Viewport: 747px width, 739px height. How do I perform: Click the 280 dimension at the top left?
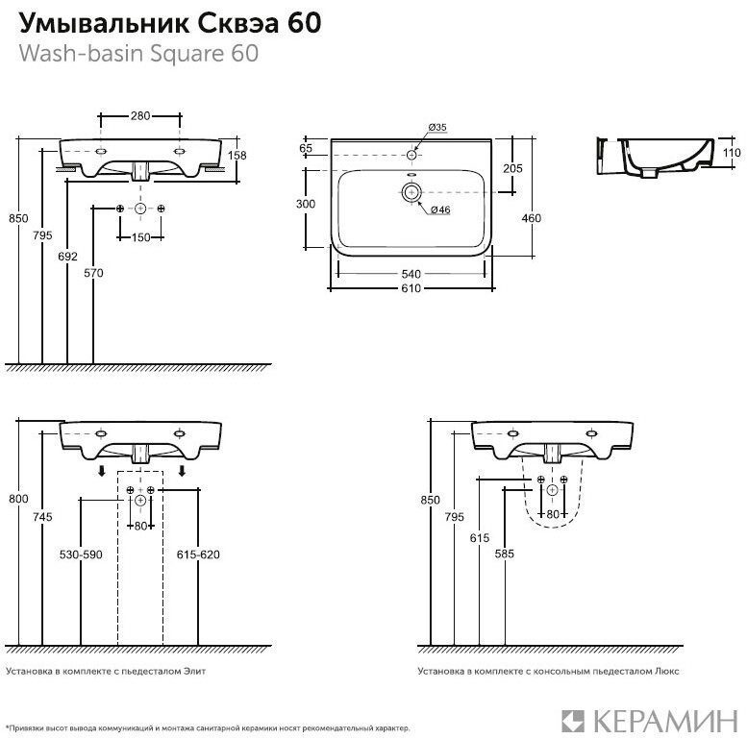point(140,115)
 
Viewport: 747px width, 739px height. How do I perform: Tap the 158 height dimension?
point(237,156)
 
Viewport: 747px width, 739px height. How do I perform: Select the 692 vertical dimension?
point(67,257)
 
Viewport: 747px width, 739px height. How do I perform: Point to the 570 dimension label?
point(93,273)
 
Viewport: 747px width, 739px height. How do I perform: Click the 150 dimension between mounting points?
point(141,237)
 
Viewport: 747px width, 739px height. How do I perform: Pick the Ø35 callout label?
point(436,127)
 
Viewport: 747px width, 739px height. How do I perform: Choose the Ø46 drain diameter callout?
point(440,210)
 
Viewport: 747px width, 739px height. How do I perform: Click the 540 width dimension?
point(411,274)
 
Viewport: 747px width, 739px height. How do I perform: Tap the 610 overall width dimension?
point(411,288)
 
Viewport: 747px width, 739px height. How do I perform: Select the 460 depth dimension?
point(532,218)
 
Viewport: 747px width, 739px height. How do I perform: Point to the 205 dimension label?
point(512,168)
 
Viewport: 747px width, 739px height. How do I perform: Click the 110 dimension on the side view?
point(732,153)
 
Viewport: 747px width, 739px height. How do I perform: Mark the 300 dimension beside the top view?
point(306,204)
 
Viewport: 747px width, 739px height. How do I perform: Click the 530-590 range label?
point(81,554)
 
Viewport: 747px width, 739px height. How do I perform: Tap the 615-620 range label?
point(198,554)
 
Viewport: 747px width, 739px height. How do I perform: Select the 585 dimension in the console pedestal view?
point(505,554)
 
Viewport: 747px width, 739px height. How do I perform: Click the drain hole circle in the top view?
point(411,192)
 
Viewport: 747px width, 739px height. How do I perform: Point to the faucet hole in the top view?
point(411,155)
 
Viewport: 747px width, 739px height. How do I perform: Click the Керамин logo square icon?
point(573,721)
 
